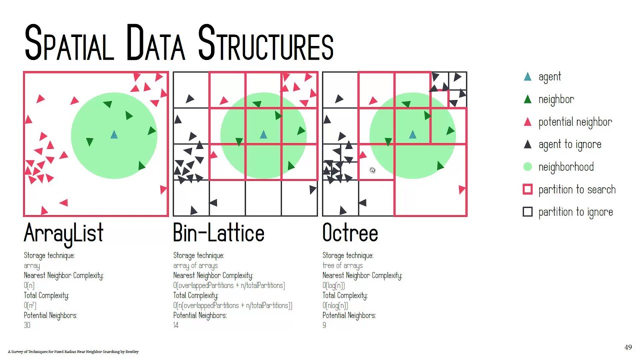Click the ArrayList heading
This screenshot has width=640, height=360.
(63, 233)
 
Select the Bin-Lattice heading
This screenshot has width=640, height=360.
(218, 233)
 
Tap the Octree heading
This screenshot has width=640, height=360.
(350, 233)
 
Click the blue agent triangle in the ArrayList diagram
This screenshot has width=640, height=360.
(114, 134)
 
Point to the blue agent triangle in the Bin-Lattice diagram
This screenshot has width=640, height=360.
(263, 134)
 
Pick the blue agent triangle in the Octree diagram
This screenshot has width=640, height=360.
(412, 134)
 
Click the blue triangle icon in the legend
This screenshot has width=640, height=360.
(527, 77)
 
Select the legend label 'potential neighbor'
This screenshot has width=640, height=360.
(575, 122)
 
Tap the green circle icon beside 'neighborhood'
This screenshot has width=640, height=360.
(527, 167)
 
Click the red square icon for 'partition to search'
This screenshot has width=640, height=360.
(527, 189)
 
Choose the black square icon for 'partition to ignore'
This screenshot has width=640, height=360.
(527, 212)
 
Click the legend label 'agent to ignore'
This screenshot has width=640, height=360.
(569, 144)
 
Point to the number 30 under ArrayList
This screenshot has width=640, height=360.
(27, 325)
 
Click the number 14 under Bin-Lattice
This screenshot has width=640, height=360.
(175, 325)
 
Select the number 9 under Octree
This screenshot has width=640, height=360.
(324, 325)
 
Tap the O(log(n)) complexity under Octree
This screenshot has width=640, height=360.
(333, 285)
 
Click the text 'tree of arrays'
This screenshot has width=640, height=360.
(342, 265)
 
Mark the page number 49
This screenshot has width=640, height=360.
(628, 347)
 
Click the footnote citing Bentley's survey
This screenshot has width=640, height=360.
(73, 352)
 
